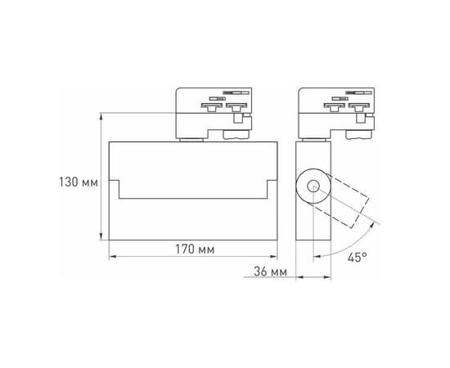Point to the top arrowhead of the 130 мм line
pyautogui.click(x=102, y=114)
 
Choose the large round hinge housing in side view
pyautogui.click(x=312, y=186)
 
